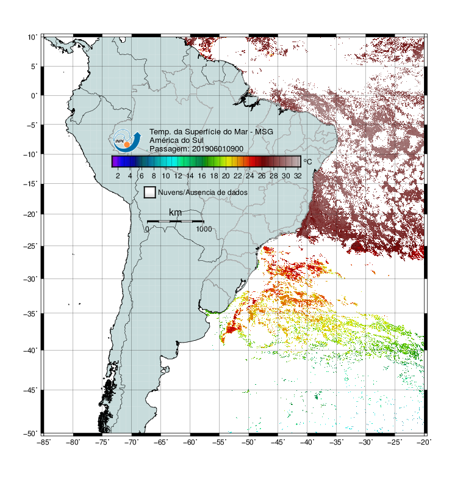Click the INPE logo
pyautogui.click(x=127, y=140)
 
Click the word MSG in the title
pyautogui.click(x=264, y=132)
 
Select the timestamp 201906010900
pyautogui.click(x=218, y=149)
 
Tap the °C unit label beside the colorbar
pyautogui.click(x=307, y=161)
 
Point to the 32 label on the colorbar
pyautogui.click(x=298, y=176)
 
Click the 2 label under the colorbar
pyautogui.click(x=118, y=176)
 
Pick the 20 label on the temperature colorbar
pyautogui.click(x=226, y=176)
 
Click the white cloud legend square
pyautogui.click(x=150, y=192)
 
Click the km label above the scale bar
pyautogui.click(x=175, y=212)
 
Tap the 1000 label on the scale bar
pyautogui.click(x=204, y=229)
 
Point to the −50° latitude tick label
pyautogui.click(x=30, y=433)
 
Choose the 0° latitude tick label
pyautogui.click(x=34, y=96)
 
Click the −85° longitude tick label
pyautogui.click(x=43, y=442)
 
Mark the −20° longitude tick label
pyautogui.click(x=424, y=442)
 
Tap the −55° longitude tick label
pyautogui.click(x=220, y=442)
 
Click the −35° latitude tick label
pyautogui.click(x=30, y=313)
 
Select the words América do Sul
pyautogui.click(x=176, y=140)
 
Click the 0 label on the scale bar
pyautogui.click(x=147, y=229)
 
